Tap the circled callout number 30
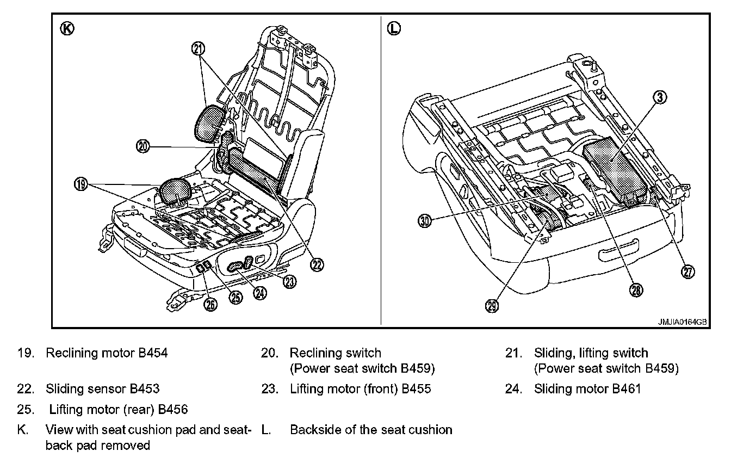pos(425,221)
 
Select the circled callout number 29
pos(491,307)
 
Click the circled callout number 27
pos(689,272)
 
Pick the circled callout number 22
pos(316,264)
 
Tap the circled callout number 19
pos(80,184)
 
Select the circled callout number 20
pos(143,147)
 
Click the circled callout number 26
pos(209,304)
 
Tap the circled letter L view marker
pos(394,29)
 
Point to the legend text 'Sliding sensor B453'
pos(103,389)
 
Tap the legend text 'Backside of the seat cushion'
pos(371,430)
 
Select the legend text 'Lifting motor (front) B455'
pos(360,389)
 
